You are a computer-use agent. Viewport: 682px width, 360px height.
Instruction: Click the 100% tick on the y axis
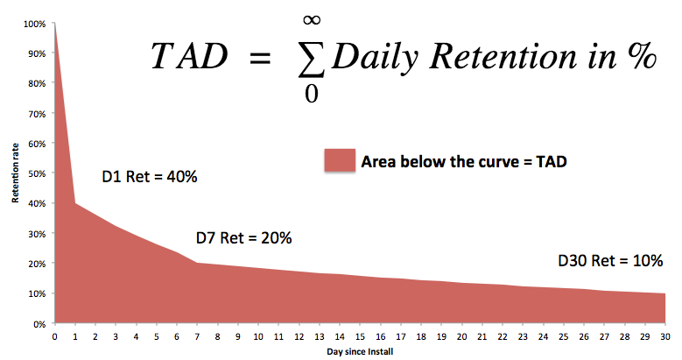[x=34, y=24]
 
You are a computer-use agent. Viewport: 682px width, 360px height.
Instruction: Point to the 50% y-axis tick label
[x=37, y=173]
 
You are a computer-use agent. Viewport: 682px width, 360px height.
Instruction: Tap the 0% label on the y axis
[x=39, y=324]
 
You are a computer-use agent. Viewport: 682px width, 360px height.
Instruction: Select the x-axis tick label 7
[x=197, y=336]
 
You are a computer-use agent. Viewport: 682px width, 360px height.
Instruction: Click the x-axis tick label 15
[x=360, y=336]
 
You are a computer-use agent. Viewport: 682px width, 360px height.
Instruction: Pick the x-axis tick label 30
[x=665, y=336]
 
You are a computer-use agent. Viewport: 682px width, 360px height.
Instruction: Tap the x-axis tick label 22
[x=503, y=336]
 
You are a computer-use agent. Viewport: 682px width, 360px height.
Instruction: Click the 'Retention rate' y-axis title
[x=16, y=173]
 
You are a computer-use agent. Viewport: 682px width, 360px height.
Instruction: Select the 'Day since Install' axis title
[x=360, y=352]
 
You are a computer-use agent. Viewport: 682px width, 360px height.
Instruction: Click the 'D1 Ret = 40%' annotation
[x=150, y=176]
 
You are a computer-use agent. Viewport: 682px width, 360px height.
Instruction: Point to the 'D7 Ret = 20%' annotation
[x=244, y=237]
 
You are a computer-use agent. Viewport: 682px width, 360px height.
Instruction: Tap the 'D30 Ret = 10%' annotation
[x=610, y=261]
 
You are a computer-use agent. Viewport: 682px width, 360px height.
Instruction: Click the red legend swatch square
[x=340, y=159]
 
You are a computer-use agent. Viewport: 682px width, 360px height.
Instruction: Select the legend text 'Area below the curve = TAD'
[x=464, y=161]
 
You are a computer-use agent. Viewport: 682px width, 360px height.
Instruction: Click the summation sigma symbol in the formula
[x=312, y=60]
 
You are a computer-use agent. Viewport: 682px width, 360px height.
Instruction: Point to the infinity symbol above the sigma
[x=312, y=19]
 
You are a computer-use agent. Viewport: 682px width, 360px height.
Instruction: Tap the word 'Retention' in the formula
[x=503, y=57]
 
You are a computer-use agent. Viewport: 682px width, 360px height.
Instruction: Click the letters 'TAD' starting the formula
[x=189, y=57]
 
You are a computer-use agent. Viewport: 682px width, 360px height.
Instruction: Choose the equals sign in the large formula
[x=260, y=58]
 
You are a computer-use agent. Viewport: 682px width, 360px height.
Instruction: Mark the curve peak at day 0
[x=54, y=23]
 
